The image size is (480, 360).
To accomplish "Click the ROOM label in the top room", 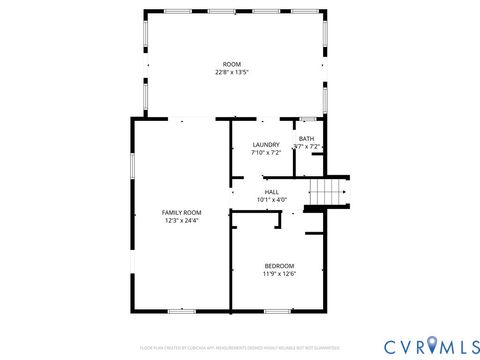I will coord(232,64).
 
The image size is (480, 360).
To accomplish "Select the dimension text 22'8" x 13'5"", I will coord(232,72).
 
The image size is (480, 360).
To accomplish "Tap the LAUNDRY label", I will coord(265,145).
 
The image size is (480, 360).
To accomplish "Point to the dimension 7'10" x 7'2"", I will coord(265,153).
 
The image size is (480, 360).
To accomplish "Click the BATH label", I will coord(306,139).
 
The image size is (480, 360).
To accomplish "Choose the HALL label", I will coord(272,191).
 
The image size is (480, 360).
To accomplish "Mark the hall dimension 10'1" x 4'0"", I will coord(272,199).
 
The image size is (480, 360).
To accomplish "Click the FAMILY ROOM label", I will coord(182,212).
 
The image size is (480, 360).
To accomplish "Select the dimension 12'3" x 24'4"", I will coord(182,220).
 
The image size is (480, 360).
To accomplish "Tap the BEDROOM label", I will coord(279,265).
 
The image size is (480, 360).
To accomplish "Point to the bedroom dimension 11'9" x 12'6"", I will coord(279,273).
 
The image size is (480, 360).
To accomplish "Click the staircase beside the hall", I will coord(326,190).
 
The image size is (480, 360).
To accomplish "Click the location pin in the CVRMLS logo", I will coord(432,345).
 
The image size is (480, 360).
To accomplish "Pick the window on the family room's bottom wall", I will coord(180,312).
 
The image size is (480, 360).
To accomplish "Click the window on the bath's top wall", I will coord(309,119).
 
